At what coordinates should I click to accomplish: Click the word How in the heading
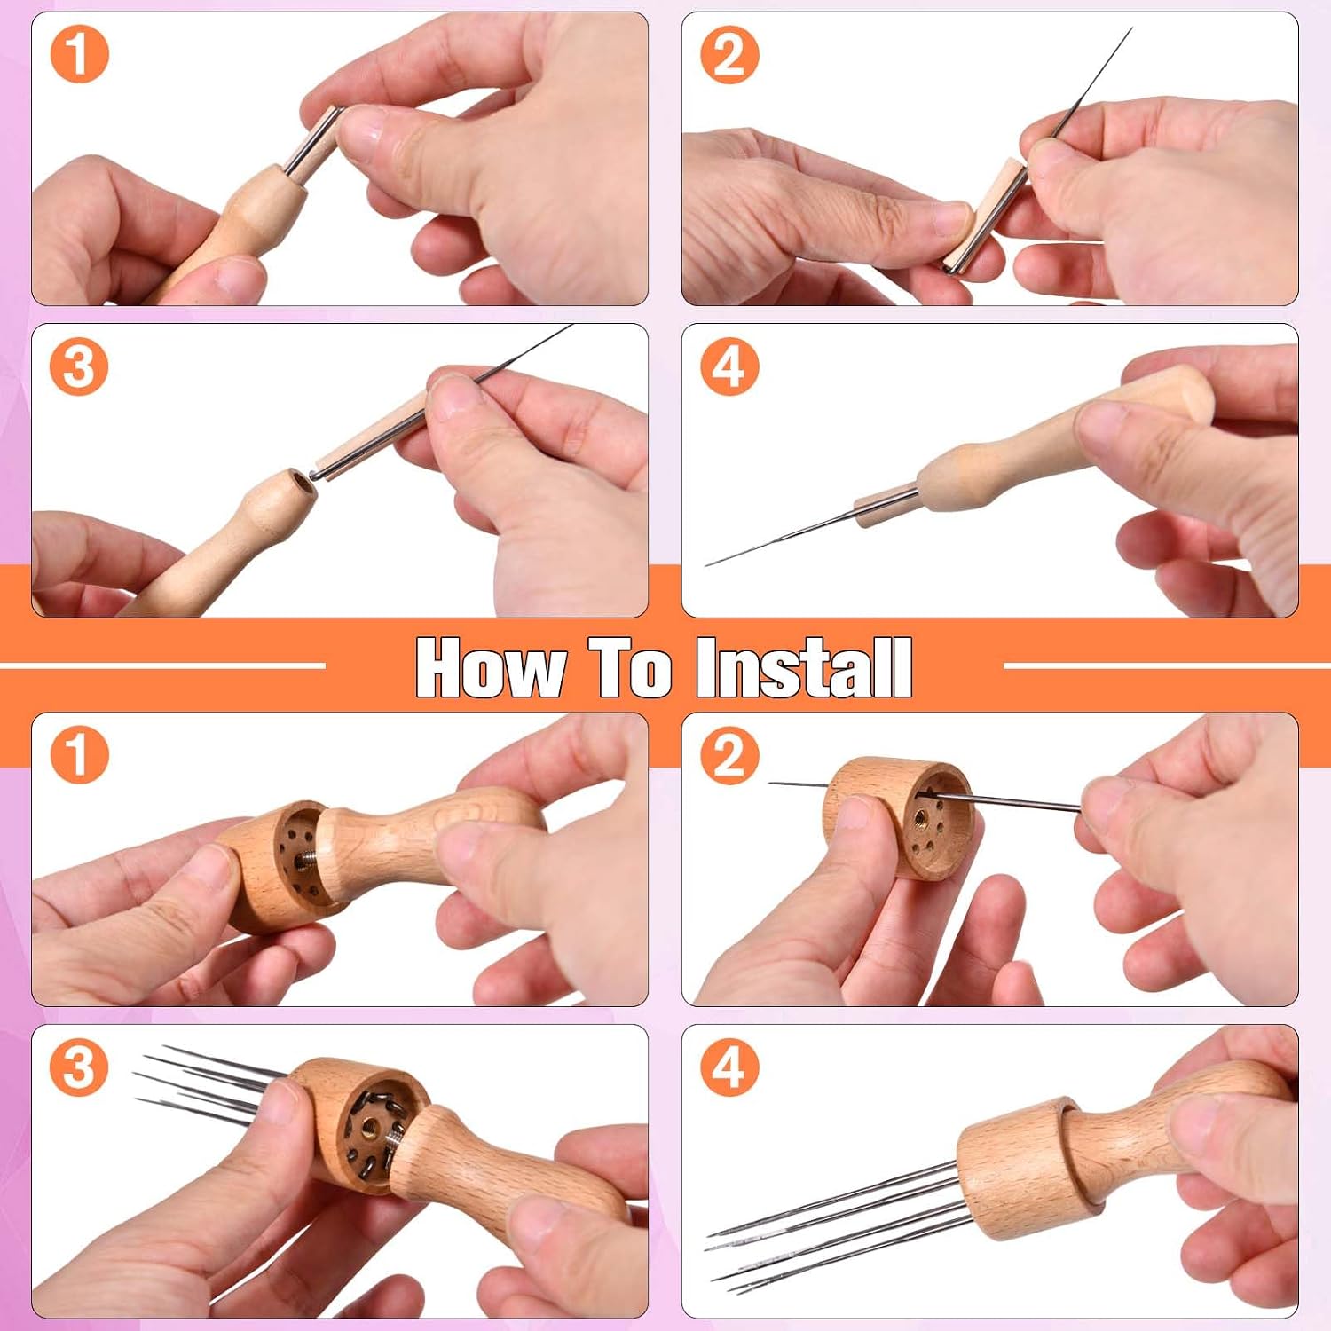[x=491, y=667]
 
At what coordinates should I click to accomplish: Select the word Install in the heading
[x=804, y=667]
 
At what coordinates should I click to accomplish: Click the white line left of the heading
[x=162, y=665]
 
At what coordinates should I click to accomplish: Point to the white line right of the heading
[x=1167, y=665]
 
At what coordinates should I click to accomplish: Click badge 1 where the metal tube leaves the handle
[x=79, y=54]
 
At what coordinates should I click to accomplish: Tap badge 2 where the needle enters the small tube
[x=729, y=54]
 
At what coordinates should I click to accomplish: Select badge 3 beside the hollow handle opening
[x=79, y=366]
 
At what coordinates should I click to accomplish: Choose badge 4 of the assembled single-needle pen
[x=729, y=366]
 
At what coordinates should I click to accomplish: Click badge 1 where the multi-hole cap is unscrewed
[x=79, y=755]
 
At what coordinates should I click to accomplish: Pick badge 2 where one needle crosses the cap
[x=729, y=755]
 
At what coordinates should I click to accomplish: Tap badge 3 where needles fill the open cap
[x=79, y=1067]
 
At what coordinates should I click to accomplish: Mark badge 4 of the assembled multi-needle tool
[x=729, y=1067]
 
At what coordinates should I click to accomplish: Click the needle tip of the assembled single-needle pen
[x=707, y=564]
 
